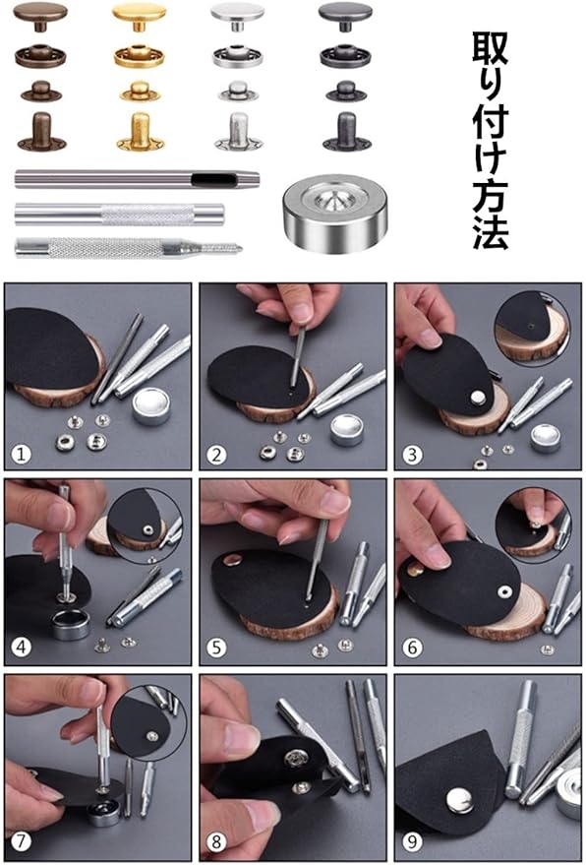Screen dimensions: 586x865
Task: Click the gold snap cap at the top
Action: (x=139, y=17)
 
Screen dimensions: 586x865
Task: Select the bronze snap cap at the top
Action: (x=40, y=16)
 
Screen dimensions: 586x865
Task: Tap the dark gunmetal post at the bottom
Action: (x=346, y=131)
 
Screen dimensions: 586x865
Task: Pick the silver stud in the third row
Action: (x=238, y=91)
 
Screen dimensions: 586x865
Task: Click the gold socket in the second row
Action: (x=140, y=55)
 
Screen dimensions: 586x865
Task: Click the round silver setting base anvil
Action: (x=326, y=215)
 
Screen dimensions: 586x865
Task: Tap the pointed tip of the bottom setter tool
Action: (x=240, y=248)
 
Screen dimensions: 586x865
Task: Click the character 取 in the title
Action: (x=490, y=49)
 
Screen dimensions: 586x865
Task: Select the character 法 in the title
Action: (x=491, y=231)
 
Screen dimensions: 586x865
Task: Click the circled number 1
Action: (x=21, y=455)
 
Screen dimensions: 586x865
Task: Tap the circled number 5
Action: (x=216, y=648)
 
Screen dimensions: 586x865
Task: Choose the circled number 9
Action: (x=412, y=841)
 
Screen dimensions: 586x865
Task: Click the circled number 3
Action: (x=412, y=455)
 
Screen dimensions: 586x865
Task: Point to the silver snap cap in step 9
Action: (x=460, y=800)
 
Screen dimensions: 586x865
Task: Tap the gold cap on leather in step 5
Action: (x=232, y=561)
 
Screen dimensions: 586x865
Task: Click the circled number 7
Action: (x=21, y=841)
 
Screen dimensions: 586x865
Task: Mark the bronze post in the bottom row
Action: (x=42, y=131)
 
